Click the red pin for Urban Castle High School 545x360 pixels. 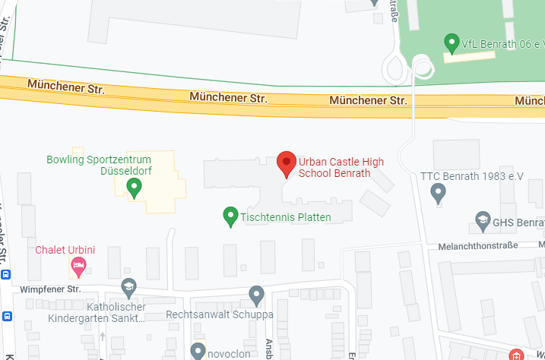pos(286,163)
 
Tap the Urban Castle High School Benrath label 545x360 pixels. pos(335,167)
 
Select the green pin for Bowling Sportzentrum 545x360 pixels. pos(135,186)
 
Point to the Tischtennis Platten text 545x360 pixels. pos(286,217)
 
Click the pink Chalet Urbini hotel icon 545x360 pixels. pos(78,267)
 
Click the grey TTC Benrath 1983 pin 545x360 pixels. pos(438,194)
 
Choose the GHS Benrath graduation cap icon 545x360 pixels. pos(482,221)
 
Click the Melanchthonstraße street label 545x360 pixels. pos(478,245)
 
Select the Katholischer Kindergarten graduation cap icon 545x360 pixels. pos(128,288)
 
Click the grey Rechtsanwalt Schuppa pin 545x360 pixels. pos(257,295)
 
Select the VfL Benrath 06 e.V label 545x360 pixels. pos(502,44)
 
